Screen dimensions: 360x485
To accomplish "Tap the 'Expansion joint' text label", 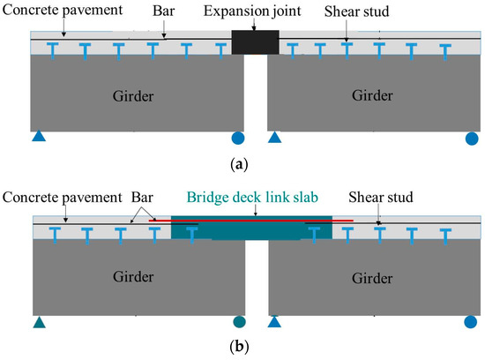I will pos(255,12).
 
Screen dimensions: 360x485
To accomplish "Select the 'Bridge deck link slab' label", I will pos(255,199).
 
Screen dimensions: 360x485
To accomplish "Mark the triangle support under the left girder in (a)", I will pos(39,137).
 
